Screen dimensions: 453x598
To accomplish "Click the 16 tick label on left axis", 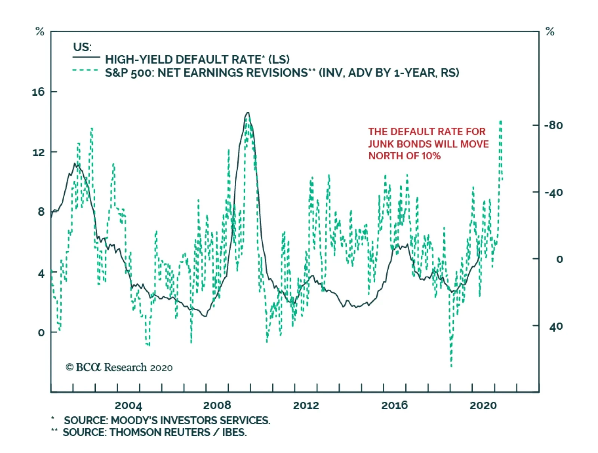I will tap(38, 92).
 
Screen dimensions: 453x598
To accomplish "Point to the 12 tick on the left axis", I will tap(38, 152).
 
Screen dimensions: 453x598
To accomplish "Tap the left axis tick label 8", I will tap(41, 212).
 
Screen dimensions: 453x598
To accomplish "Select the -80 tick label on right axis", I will tap(553, 125).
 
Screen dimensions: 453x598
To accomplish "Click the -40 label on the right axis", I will tap(553, 193).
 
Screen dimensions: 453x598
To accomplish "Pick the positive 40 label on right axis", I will tap(556, 327).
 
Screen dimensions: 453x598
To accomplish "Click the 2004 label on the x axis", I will tap(128, 406).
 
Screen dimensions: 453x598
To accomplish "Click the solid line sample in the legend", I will tap(86, 57).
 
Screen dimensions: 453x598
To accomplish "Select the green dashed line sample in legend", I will tap(86, 70).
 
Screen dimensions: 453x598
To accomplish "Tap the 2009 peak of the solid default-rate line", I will tap(247, 113).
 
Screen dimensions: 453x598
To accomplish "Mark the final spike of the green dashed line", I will tap(500, 121).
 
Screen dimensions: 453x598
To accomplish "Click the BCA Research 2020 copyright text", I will tap(119, 368).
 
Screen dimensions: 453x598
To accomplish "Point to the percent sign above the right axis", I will tap(550, 31).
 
